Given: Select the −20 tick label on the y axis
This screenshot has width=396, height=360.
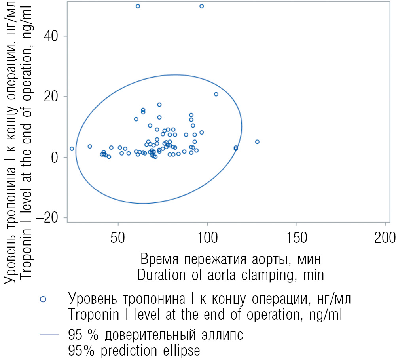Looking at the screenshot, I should pos(49,218).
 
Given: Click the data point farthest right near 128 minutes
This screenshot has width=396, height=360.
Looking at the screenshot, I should pos(257,142).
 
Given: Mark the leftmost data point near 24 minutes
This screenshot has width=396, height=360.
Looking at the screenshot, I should pos(72,149).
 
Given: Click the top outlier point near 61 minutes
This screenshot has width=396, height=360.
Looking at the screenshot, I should pos(138,6).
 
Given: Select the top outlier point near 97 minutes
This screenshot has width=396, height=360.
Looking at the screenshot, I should pos(202,6).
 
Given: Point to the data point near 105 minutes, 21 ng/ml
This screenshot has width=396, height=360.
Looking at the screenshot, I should pos(216,94).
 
